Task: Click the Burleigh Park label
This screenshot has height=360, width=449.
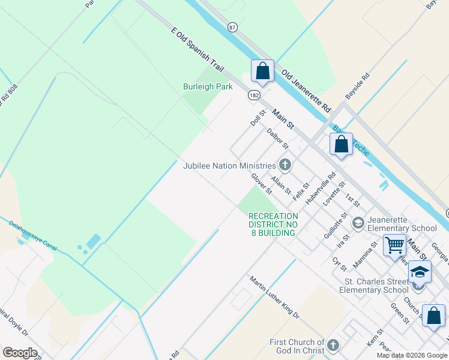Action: tap(207, 87)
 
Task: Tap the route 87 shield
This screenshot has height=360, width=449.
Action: tap(232, 27)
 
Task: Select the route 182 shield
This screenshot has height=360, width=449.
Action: tap(254, 95)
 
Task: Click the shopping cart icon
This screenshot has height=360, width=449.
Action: tap(394, 245)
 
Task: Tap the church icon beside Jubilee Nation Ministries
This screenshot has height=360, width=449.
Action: tap(285, 164)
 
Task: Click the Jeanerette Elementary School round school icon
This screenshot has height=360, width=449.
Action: tap(358, 223)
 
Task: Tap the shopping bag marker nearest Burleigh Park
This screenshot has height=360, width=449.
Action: tap(262, 71)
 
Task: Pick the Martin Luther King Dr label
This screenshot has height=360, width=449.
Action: tap(274, 297)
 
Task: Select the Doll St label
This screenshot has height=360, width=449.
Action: tap(258, 118)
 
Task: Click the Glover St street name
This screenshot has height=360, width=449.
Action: tap(262, 184)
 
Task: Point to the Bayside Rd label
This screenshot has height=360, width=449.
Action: tap(358, 87)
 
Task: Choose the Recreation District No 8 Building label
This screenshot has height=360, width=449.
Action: tap(273, 224)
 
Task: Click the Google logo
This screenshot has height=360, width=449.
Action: tap(20, 353)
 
